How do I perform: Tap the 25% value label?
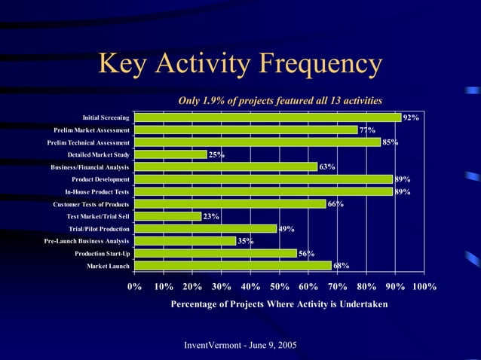(x=216, y=155)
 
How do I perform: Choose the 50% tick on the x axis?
(x=280, y=287)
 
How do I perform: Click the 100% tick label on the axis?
(x=424, y=287)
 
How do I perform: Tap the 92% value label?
(x=411, y=118)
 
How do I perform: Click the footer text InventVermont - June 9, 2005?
(x=240, y=345)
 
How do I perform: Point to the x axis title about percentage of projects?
(x=280, y=304)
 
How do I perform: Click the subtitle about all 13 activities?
(x=280, y=100)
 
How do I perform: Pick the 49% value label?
(x=286, y=229)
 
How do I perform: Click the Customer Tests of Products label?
(x=91, y=204)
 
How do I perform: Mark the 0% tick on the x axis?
(x=135, y=287)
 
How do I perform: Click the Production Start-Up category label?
(x=102, y=254)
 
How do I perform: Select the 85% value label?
(x=391, y=142)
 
